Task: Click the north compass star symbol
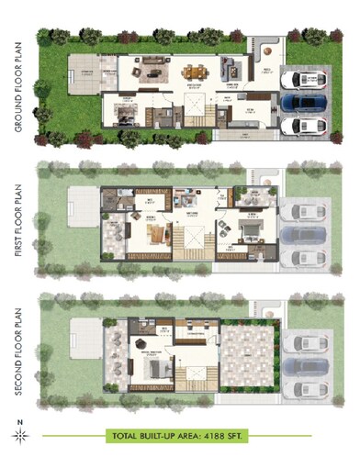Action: click(19, 437)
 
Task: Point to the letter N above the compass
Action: click(19, 422)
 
